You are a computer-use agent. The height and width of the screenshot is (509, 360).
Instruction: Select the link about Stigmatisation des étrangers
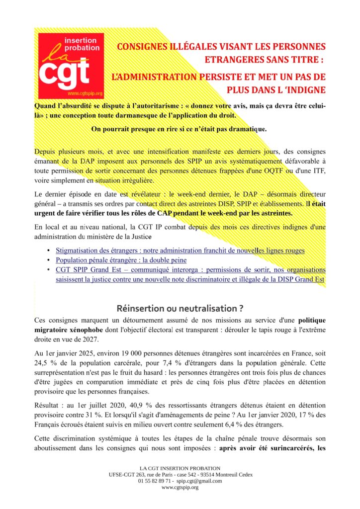pyautogui.click(x=180, y=251)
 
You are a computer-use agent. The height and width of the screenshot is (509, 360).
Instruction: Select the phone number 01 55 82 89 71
pyautogui.click(x=155, y=481)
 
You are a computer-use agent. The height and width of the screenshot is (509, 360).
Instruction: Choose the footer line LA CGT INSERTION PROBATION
pyautogui.click(x=180, y=468)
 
